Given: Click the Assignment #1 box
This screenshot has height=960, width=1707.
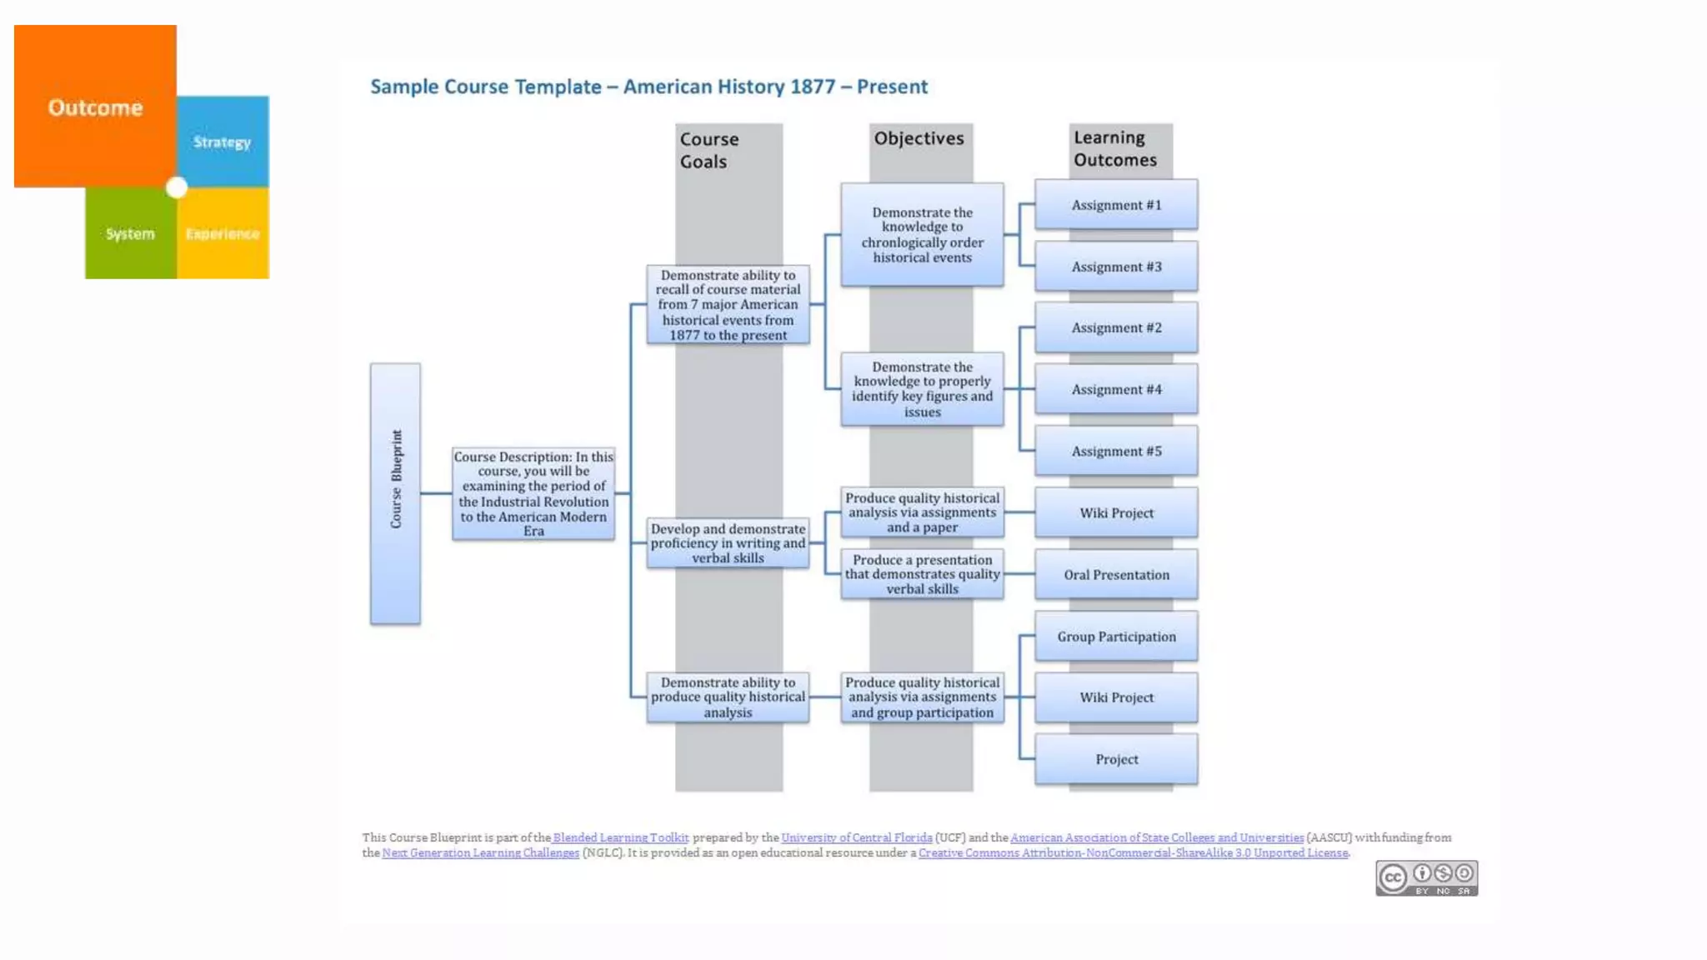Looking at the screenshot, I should pyautogui.click(x=1116, y=205).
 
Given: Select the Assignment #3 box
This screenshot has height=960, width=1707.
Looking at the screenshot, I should pyautogui.click(x=1116, y=267).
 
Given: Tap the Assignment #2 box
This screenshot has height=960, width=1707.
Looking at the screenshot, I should pyautogui.click(x=1116, y=327).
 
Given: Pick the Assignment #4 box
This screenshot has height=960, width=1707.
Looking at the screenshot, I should pyautogui.click(x=1116, y=389).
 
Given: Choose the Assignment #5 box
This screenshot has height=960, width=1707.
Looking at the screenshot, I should pyautogui.click(x=1116, y=451).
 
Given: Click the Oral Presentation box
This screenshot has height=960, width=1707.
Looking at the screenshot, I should pyautogui.click(x=1116, y=574).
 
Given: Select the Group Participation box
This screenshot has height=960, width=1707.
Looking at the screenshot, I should pyautogui.click(x=1116, y=636).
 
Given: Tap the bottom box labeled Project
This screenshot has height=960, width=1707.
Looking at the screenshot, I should pyautogui.click(x=1116, y=759).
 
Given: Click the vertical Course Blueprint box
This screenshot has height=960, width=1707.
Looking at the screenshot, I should pyautogui.click(x=395, y=493).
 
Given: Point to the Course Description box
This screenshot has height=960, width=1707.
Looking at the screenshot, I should pyautogui.click(x=533, y=493).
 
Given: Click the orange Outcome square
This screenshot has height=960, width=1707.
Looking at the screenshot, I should pyautogui.click(x=95, y=107).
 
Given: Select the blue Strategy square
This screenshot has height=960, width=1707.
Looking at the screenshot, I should pyautogui.click(x=223, y=142).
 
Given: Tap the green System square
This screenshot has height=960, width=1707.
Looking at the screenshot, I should pyautogui.click(x=130, y=233).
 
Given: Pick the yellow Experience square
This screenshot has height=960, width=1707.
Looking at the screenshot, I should pyautogui.click(x=223, y=233).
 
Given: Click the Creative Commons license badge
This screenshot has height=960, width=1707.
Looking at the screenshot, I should pyautogui.click(x=1426, y=878).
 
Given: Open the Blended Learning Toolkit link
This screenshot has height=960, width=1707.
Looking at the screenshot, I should pyautogui.click(x=621, y=837).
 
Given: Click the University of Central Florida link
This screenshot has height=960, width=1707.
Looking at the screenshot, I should pyautogui.click(x=857, y=837).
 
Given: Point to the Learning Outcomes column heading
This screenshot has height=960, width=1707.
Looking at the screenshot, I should pyautogui.click(x=1115, y=148).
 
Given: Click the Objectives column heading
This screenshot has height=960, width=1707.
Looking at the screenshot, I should pyautogui.click(x=919, y=138).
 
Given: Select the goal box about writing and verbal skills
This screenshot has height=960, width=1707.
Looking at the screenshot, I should pyautogui.click(x=728, y=543).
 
